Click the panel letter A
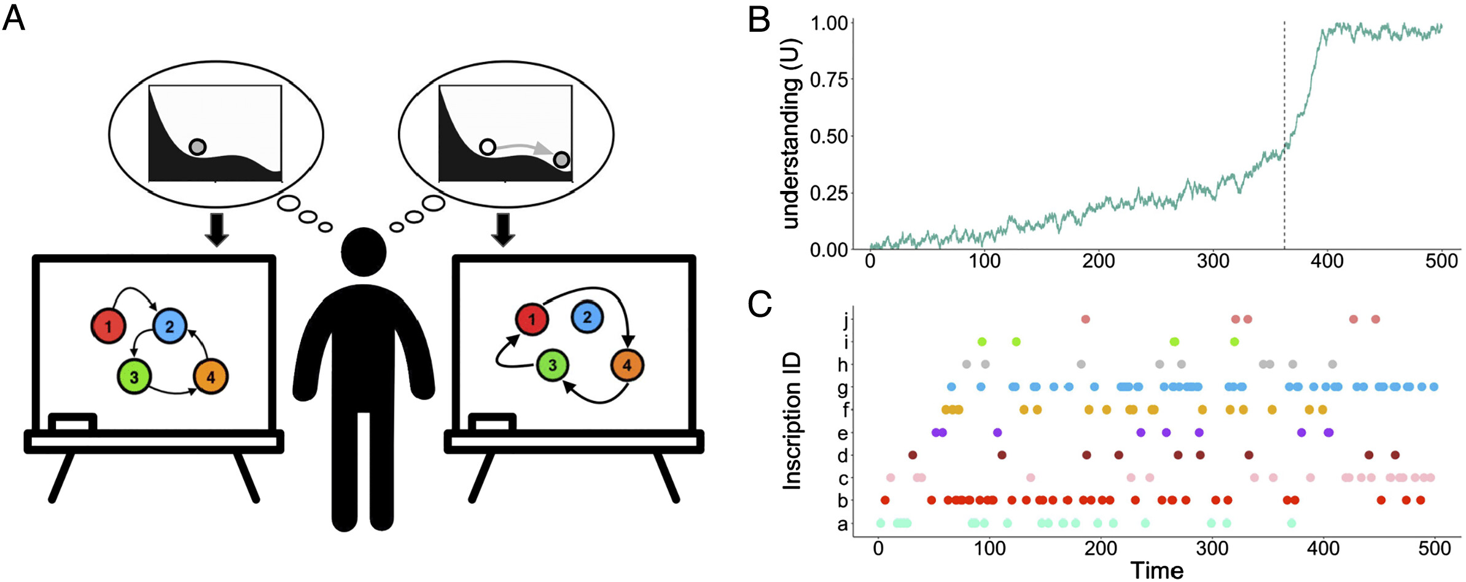[x=14, y=18]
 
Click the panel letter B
[x=759, y=20]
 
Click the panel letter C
[x=760, y=303]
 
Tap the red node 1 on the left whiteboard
[x=109, y=326]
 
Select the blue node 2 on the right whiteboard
[x=587, y=317]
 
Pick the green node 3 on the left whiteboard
[x=135, y=377]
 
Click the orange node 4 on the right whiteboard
[x=627, y=365]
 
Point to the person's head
[x=364, y=252]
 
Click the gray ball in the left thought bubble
[x=197, y=147]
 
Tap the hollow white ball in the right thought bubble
[x=488, y=147]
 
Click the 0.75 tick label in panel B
[x=829, y=80]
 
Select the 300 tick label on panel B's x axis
[x=1213, y=261]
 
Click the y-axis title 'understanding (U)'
[x=791, y=134]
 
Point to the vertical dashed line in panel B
[x=1284, y=135]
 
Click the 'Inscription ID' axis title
[x=792, y=421]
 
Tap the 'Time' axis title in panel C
[x=1156, y=570]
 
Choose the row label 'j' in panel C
[x=845, y=319]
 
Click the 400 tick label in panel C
[x=1323, y=548]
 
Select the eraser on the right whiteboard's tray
[x=492, y=422]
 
